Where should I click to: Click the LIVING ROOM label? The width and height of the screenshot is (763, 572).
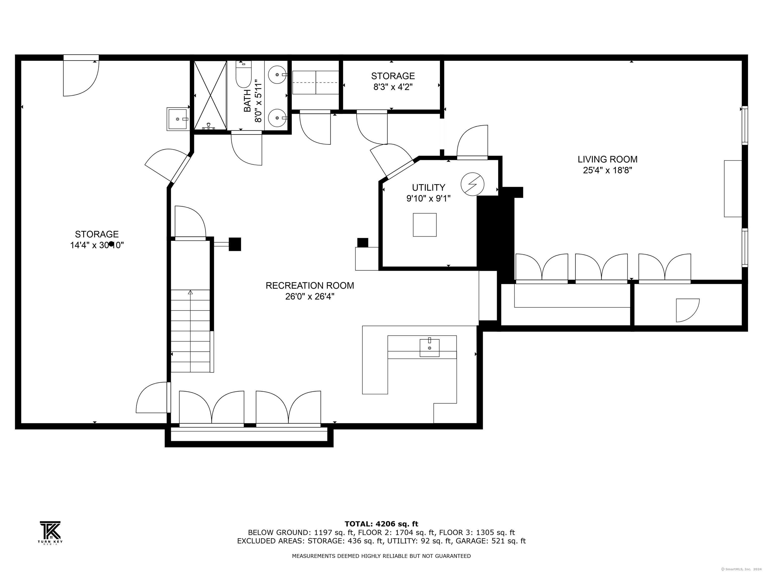[608, 159]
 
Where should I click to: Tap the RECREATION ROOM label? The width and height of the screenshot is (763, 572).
[310, 286]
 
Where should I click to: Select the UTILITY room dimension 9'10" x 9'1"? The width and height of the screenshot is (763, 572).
[428, 199]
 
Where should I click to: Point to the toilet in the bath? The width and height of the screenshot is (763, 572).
[243, 74]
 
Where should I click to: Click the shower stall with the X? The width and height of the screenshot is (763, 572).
[210, 95]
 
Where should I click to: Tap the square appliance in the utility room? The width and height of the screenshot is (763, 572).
[425, 225]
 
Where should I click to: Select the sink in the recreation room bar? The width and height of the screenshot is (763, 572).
[429, 348]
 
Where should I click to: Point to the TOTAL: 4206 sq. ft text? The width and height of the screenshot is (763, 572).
[381, 524]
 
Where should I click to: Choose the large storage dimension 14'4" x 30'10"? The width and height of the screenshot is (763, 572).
[97, 245]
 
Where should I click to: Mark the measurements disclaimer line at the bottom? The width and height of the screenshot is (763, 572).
[381, 556]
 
